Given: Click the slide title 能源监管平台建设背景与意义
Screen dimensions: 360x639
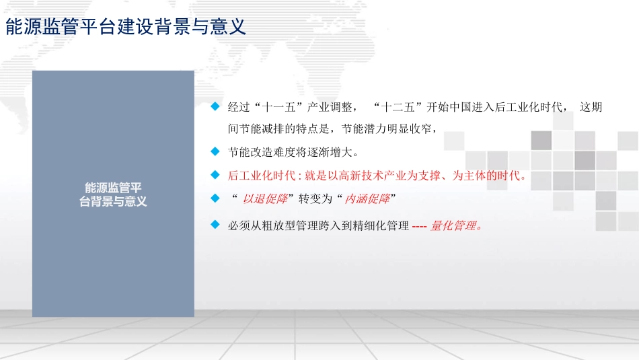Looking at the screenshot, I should (x=126, y=27).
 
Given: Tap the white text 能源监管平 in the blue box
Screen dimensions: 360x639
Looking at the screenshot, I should (x=113, y=188).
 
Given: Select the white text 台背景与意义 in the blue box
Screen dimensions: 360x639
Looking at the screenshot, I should (x=113, y=201).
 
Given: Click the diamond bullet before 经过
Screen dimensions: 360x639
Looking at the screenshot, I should (x=215, y=106).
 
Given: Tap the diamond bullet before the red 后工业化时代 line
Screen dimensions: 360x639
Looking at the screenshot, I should (x=215, y=176).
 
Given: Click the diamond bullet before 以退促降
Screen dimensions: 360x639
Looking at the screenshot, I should (x=215, y=199).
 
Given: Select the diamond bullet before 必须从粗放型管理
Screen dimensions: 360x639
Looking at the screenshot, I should (x=215, y=224).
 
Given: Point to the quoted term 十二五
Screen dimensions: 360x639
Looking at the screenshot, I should (x=401, y=108).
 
